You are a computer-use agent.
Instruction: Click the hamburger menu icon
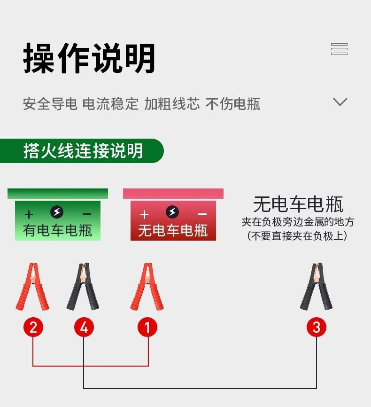pos(339,49)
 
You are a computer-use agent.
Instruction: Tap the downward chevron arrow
pos(340,102)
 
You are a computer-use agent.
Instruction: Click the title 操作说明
pos(89,59)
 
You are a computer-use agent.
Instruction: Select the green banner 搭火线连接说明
pos(83,151)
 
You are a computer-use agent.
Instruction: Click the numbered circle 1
pos(147,327)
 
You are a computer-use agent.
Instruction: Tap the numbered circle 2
pos(33,327)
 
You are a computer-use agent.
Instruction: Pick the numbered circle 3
pos(316,327)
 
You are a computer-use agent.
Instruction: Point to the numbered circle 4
pos(84,327)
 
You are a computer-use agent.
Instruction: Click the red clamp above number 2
pos(32,287)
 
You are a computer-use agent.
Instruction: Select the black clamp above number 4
pos(84,287)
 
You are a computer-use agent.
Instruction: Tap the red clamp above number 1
pos(147,287)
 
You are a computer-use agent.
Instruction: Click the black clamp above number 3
pos(316,287)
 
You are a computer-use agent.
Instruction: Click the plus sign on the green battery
pos(29,214)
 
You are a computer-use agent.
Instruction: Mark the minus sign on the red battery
pos(202,214)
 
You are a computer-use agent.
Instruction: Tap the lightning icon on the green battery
pos(57,212)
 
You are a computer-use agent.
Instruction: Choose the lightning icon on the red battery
pos(172,212)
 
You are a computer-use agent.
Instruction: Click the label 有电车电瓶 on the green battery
pos(57,230)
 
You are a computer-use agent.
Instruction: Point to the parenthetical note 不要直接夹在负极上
pos(297,236)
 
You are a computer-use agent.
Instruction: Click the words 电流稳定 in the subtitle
pos(110,104)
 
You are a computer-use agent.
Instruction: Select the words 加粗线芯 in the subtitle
pos(172,104)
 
